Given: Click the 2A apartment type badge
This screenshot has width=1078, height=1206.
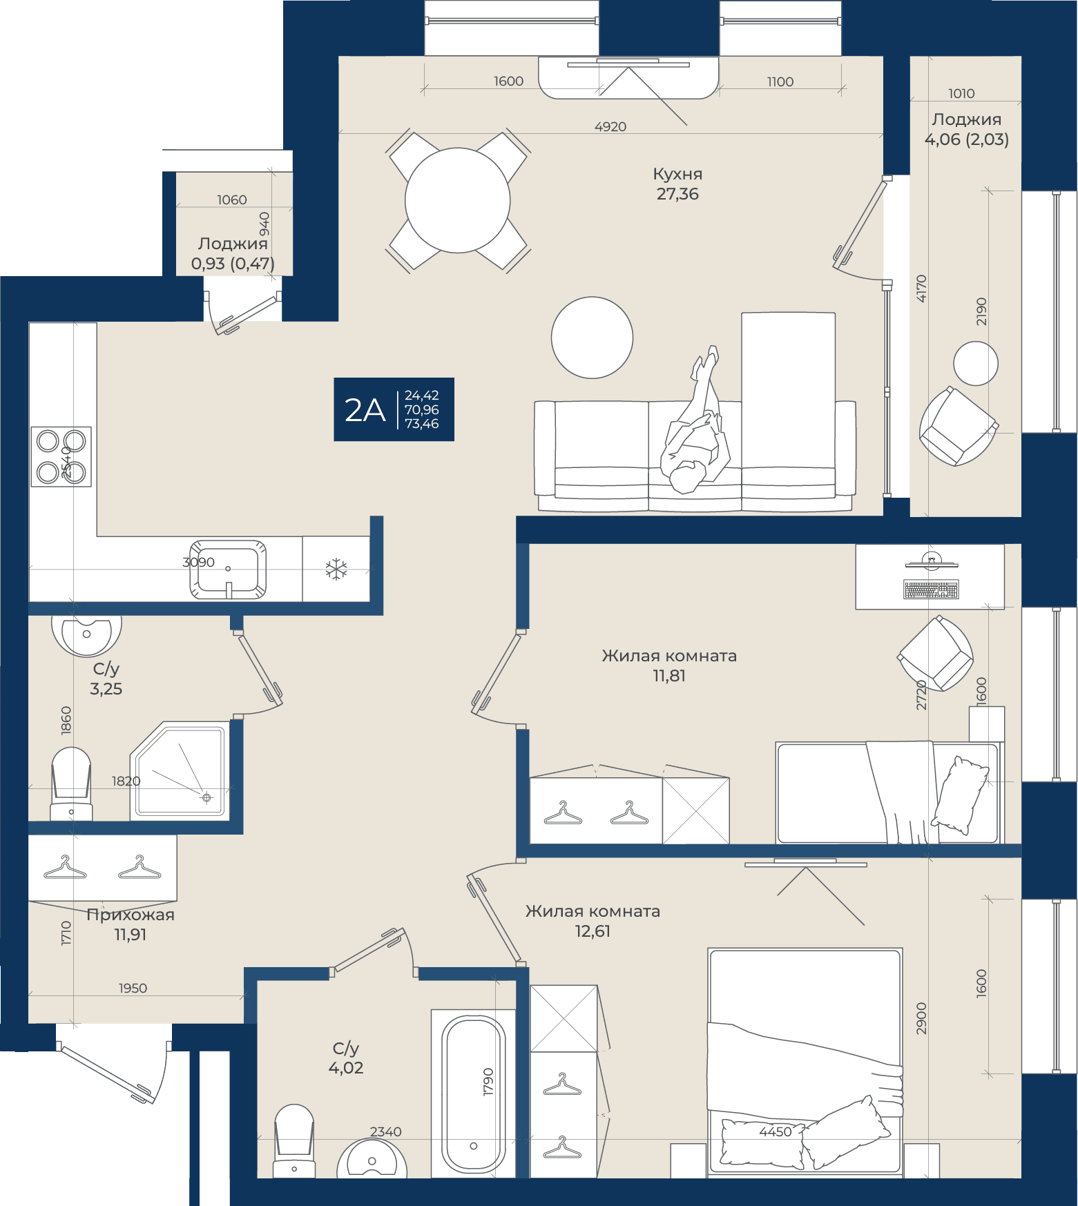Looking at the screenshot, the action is click(394, 409).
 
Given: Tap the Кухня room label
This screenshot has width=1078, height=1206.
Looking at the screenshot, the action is click(677, 174).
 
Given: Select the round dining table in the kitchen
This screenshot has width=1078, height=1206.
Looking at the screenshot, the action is click(458, 200).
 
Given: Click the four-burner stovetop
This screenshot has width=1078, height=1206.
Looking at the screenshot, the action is click(61, 457).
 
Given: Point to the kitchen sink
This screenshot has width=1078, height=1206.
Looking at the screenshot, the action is click(228, 570).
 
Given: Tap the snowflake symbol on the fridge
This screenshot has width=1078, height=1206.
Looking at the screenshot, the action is click(336, 570).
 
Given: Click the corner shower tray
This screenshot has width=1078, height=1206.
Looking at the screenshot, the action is click(180, 770).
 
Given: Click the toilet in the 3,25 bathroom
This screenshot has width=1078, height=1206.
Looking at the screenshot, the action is click(71, 784).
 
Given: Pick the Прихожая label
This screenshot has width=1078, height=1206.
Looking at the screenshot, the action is click(131, 915).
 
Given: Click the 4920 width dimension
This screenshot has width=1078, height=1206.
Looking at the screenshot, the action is click(610, 127).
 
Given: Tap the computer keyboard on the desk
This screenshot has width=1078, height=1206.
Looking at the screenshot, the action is click(931, 590).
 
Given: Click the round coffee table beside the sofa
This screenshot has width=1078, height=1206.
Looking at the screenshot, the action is click(592, 338).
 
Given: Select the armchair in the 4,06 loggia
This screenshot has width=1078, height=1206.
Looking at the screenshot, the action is click(959, 426).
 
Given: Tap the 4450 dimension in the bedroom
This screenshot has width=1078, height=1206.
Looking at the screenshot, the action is click(776, 1131).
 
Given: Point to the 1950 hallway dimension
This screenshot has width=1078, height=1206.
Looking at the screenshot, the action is click(133, 988).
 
